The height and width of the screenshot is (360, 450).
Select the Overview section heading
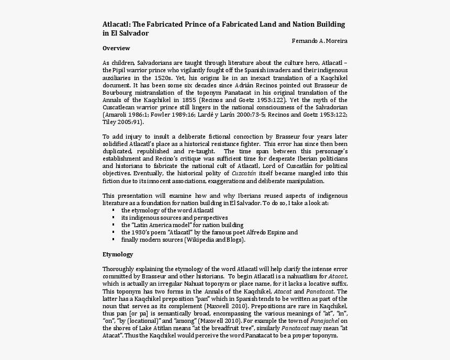(x=116, y=48)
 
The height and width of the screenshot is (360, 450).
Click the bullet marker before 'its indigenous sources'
(x=113, y=218)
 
